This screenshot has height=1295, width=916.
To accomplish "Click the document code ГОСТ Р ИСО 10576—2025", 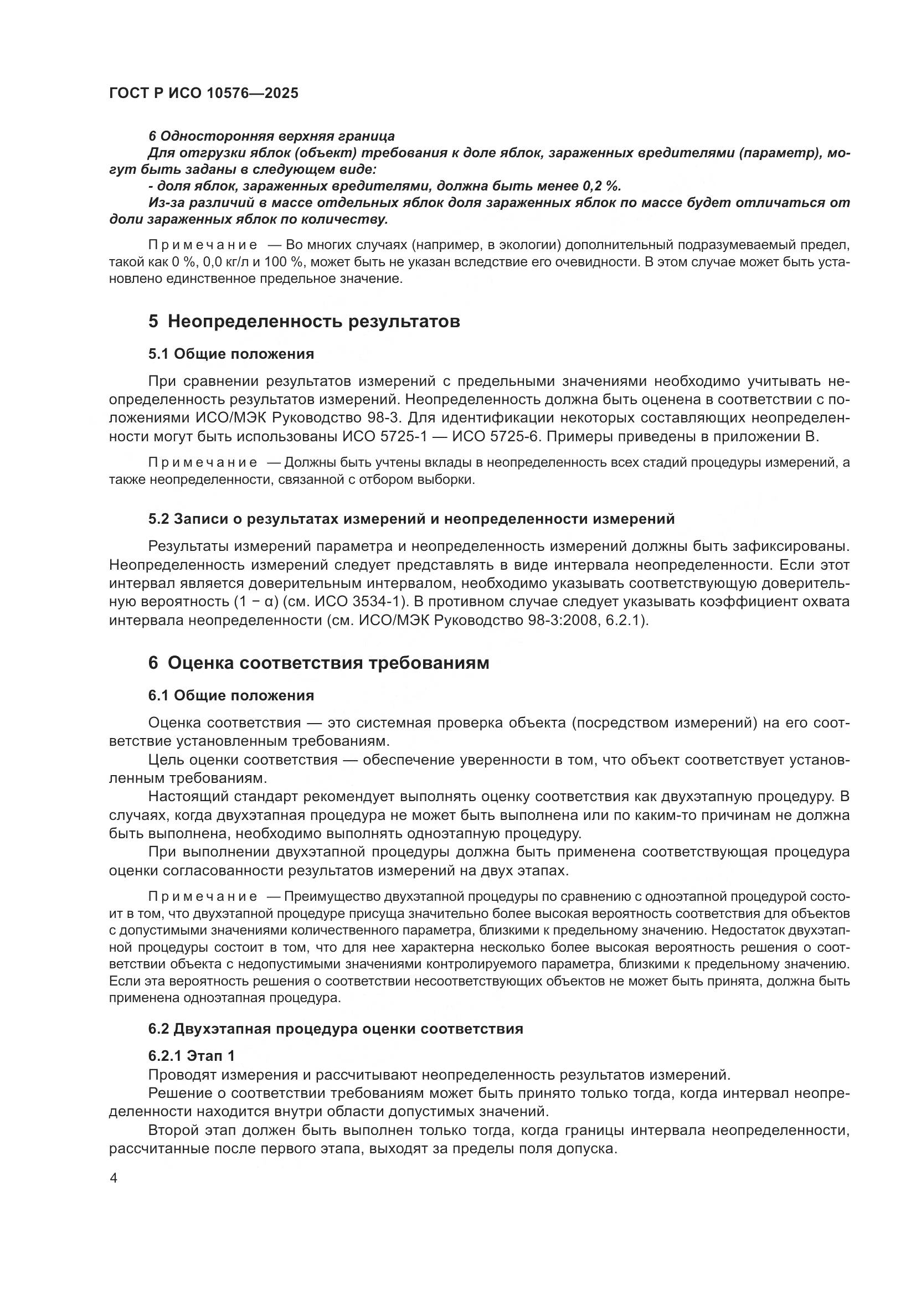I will (204, 93).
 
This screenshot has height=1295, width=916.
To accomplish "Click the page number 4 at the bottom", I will (114, 1178).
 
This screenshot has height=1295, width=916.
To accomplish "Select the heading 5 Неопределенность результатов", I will (304, 322).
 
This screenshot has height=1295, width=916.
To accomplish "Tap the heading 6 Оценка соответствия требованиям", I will (318, 663).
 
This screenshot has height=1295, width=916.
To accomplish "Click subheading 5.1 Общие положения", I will (231, 354).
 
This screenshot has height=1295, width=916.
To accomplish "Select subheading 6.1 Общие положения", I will (231, 695).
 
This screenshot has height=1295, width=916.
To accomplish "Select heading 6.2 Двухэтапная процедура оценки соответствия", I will (336, 1029).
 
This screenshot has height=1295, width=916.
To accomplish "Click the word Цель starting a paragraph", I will (167, 760).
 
